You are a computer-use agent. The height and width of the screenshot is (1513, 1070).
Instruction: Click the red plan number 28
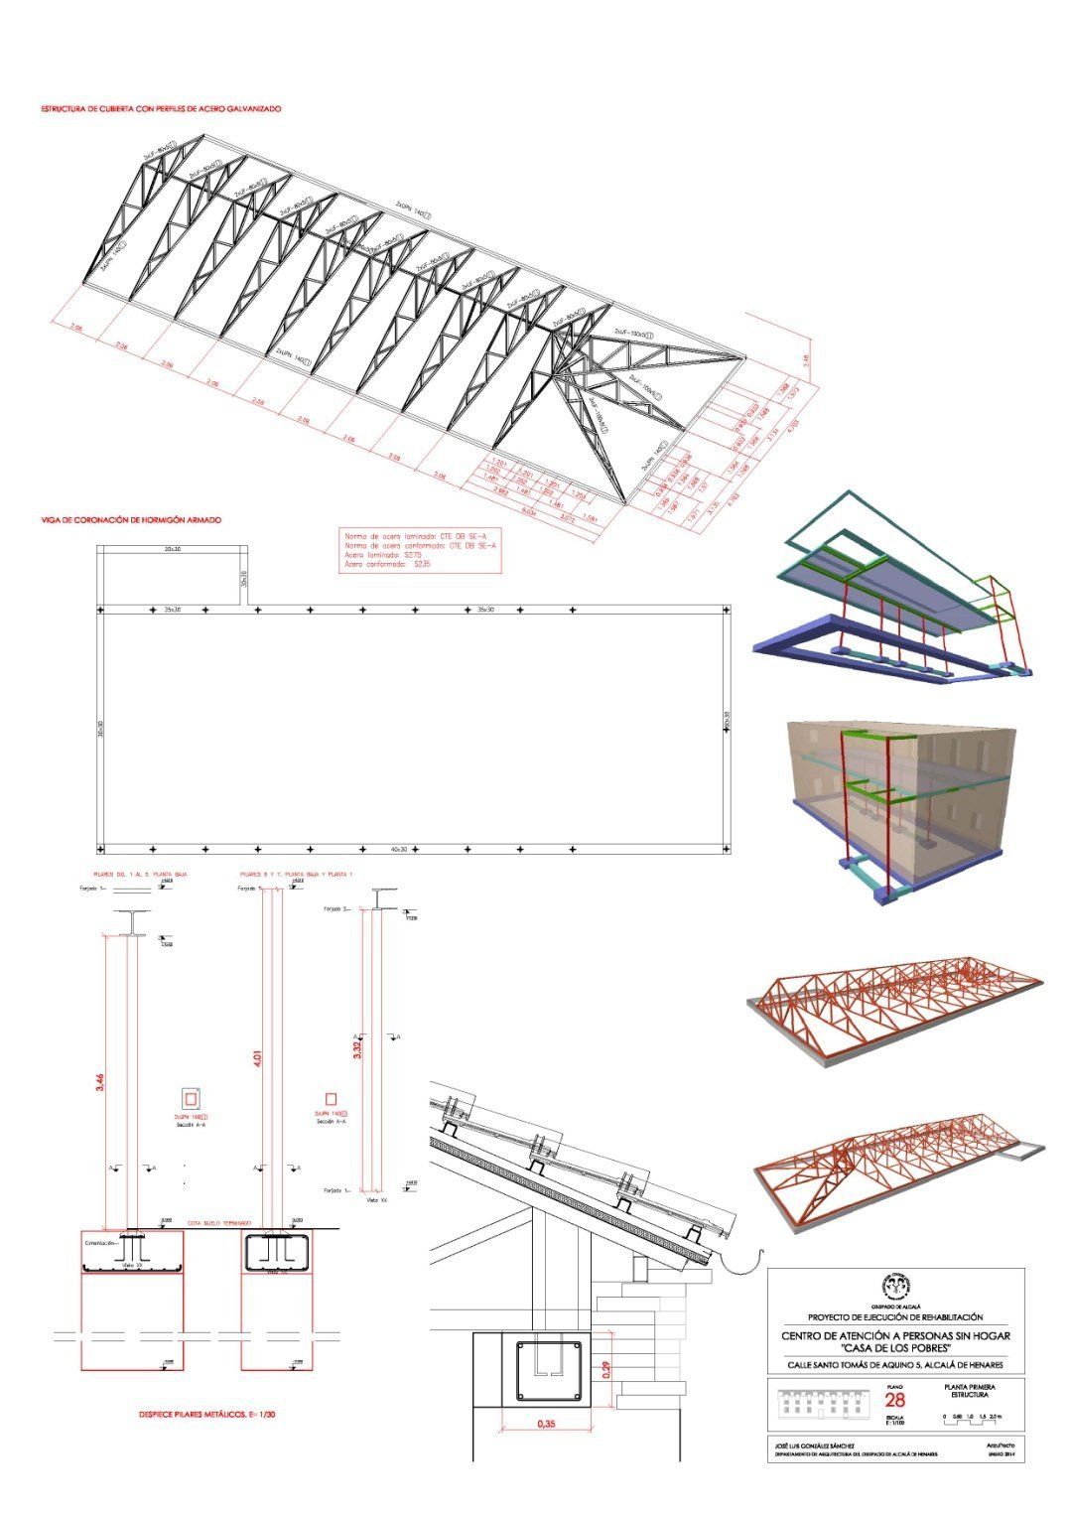893,1399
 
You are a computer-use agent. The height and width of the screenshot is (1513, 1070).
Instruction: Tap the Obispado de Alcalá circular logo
895,1286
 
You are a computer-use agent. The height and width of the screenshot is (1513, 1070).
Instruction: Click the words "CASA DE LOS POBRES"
895,1347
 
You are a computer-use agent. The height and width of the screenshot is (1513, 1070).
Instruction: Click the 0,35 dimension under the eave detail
545,1423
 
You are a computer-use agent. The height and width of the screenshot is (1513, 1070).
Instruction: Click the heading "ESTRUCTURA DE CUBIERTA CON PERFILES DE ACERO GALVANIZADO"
161,108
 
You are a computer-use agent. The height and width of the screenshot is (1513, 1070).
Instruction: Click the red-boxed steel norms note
420,550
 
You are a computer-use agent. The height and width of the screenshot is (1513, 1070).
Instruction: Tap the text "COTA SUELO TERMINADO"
218,1223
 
